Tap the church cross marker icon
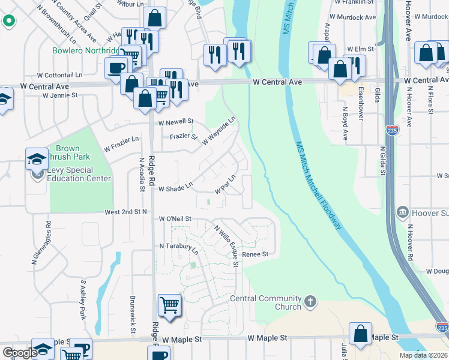[310, 301]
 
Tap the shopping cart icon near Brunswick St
[169, 305]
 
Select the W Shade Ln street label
[175, 188]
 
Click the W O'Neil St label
[175, 219]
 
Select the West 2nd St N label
[126, 212]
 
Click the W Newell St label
[176, 122]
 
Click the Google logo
[19, 353]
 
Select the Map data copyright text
[423, 355]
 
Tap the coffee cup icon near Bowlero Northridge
[115, 68]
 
